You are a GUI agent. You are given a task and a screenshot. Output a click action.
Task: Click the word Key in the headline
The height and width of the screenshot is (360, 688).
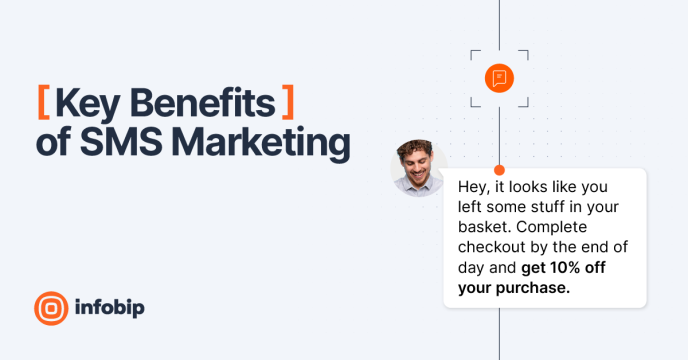87,104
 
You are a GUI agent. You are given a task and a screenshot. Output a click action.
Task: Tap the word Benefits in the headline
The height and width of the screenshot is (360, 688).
203,103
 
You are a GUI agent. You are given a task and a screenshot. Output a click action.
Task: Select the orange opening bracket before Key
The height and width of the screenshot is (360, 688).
43,102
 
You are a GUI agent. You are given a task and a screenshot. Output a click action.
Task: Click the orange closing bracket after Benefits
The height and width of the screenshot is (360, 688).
288,102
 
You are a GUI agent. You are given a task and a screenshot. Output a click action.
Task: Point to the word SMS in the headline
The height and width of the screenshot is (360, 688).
121,141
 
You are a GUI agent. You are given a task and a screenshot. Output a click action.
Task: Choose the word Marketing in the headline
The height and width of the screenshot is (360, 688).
261,144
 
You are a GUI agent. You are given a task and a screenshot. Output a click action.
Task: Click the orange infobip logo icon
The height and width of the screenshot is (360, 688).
51,308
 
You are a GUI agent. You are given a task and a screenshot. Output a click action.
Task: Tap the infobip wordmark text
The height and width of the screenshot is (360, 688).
110,307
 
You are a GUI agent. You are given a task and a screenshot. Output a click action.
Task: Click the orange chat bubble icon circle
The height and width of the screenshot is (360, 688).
499,78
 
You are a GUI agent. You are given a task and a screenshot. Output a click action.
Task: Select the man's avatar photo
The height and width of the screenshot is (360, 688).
419,168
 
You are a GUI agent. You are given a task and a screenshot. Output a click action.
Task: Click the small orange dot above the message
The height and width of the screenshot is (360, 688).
499,170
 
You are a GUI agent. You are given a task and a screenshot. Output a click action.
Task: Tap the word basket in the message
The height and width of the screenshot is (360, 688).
484,227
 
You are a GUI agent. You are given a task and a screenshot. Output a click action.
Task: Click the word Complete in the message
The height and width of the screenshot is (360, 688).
552,227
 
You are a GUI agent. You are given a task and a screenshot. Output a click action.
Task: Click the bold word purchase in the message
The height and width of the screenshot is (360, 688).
533,288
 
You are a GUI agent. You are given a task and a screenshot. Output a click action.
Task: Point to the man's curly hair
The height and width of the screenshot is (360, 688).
415,148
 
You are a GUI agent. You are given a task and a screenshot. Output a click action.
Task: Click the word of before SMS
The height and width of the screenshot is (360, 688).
53,141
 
